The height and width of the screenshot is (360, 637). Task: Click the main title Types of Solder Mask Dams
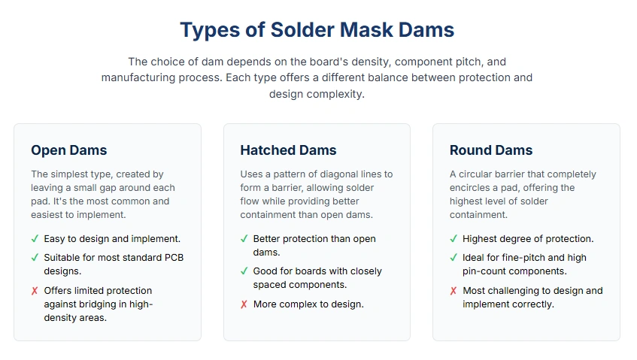click(x=317, y=30)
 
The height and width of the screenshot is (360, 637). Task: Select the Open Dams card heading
click(x=68, y=150)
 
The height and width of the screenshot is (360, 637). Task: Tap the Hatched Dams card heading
click(x=288, y=150)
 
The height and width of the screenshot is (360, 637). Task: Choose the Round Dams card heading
click(x=491, y=150)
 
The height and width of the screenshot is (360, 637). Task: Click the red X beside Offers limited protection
click(x=35, y=291)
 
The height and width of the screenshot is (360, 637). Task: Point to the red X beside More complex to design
click(x=244, y=304)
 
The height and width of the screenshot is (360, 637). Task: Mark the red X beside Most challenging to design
click(x=453, y=291)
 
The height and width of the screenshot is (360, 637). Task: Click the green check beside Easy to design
click(x=35, y=239)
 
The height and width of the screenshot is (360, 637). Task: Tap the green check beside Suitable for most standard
click(x=35, y=258)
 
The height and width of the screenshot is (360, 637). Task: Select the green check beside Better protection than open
click(x=244, y=239)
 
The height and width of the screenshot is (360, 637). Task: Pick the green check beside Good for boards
click(x=244, y=271)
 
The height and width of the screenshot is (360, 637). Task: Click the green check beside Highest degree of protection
click(x=453, y=239)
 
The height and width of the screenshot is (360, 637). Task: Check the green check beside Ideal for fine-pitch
click(x=453, y=258)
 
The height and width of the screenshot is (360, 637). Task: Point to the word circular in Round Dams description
click(x=476, y=174)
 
